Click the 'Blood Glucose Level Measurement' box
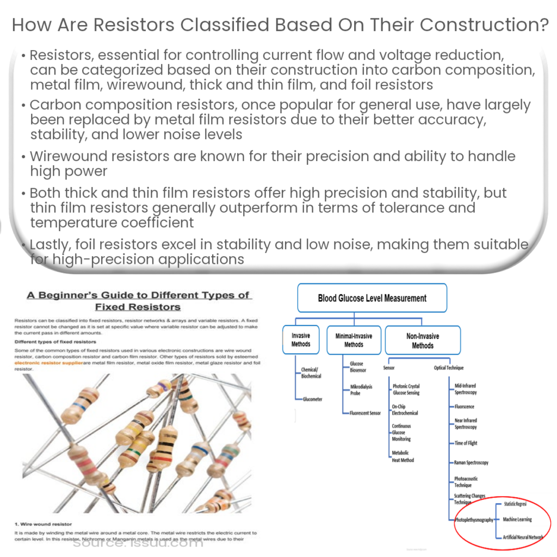(x=372, y=298)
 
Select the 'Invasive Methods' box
(x=300, y=340)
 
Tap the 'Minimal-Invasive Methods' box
(x=354, y=340)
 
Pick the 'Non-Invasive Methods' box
(x=423, y=341)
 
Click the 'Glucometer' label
(x=312, y=399)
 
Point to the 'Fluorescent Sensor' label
(x=365, y=413)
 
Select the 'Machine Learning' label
(x=517, y=519)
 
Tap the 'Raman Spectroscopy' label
(x=471, y=462)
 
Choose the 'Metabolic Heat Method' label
(x=403, y=456)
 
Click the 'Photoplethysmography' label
(x=474, y=520)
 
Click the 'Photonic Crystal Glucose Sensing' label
(x=406, y=389)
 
